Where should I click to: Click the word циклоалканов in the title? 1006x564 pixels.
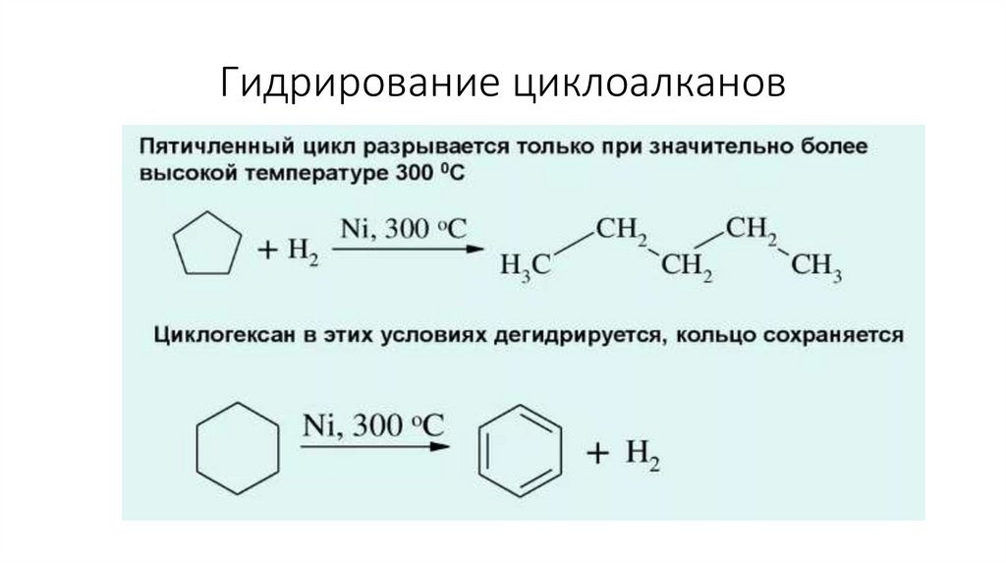click(647, 84)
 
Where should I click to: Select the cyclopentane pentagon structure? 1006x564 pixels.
click(207, 246)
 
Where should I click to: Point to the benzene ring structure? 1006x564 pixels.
click(521, 451)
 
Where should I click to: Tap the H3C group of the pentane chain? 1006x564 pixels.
click(526, 266)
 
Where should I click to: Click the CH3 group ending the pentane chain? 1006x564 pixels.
click(817, 266)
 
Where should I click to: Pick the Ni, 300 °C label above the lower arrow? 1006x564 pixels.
click(372, 426)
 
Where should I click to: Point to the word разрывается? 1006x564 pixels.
click(433, 149)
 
